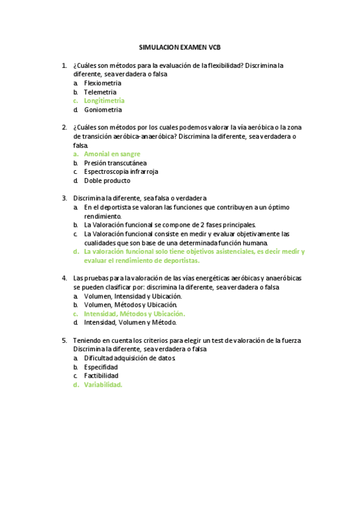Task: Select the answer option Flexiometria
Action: pos(103,83)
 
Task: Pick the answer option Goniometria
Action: pos(103,110)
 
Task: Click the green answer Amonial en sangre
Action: pos(112,154)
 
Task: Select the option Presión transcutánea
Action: pos(115,163)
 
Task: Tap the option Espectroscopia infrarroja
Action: pos(121,171)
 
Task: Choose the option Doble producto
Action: pos(107,180)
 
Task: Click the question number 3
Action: pos(64,198)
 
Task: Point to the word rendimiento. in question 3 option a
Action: pos(103,216)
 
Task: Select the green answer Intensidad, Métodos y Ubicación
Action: pos(135,313)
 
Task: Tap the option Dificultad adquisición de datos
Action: pos(130,358)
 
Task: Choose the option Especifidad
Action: pos(101,367)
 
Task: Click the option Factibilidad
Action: pos(101,376)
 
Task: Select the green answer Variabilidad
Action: pos(103,385)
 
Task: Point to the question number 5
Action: pos(64,340)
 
